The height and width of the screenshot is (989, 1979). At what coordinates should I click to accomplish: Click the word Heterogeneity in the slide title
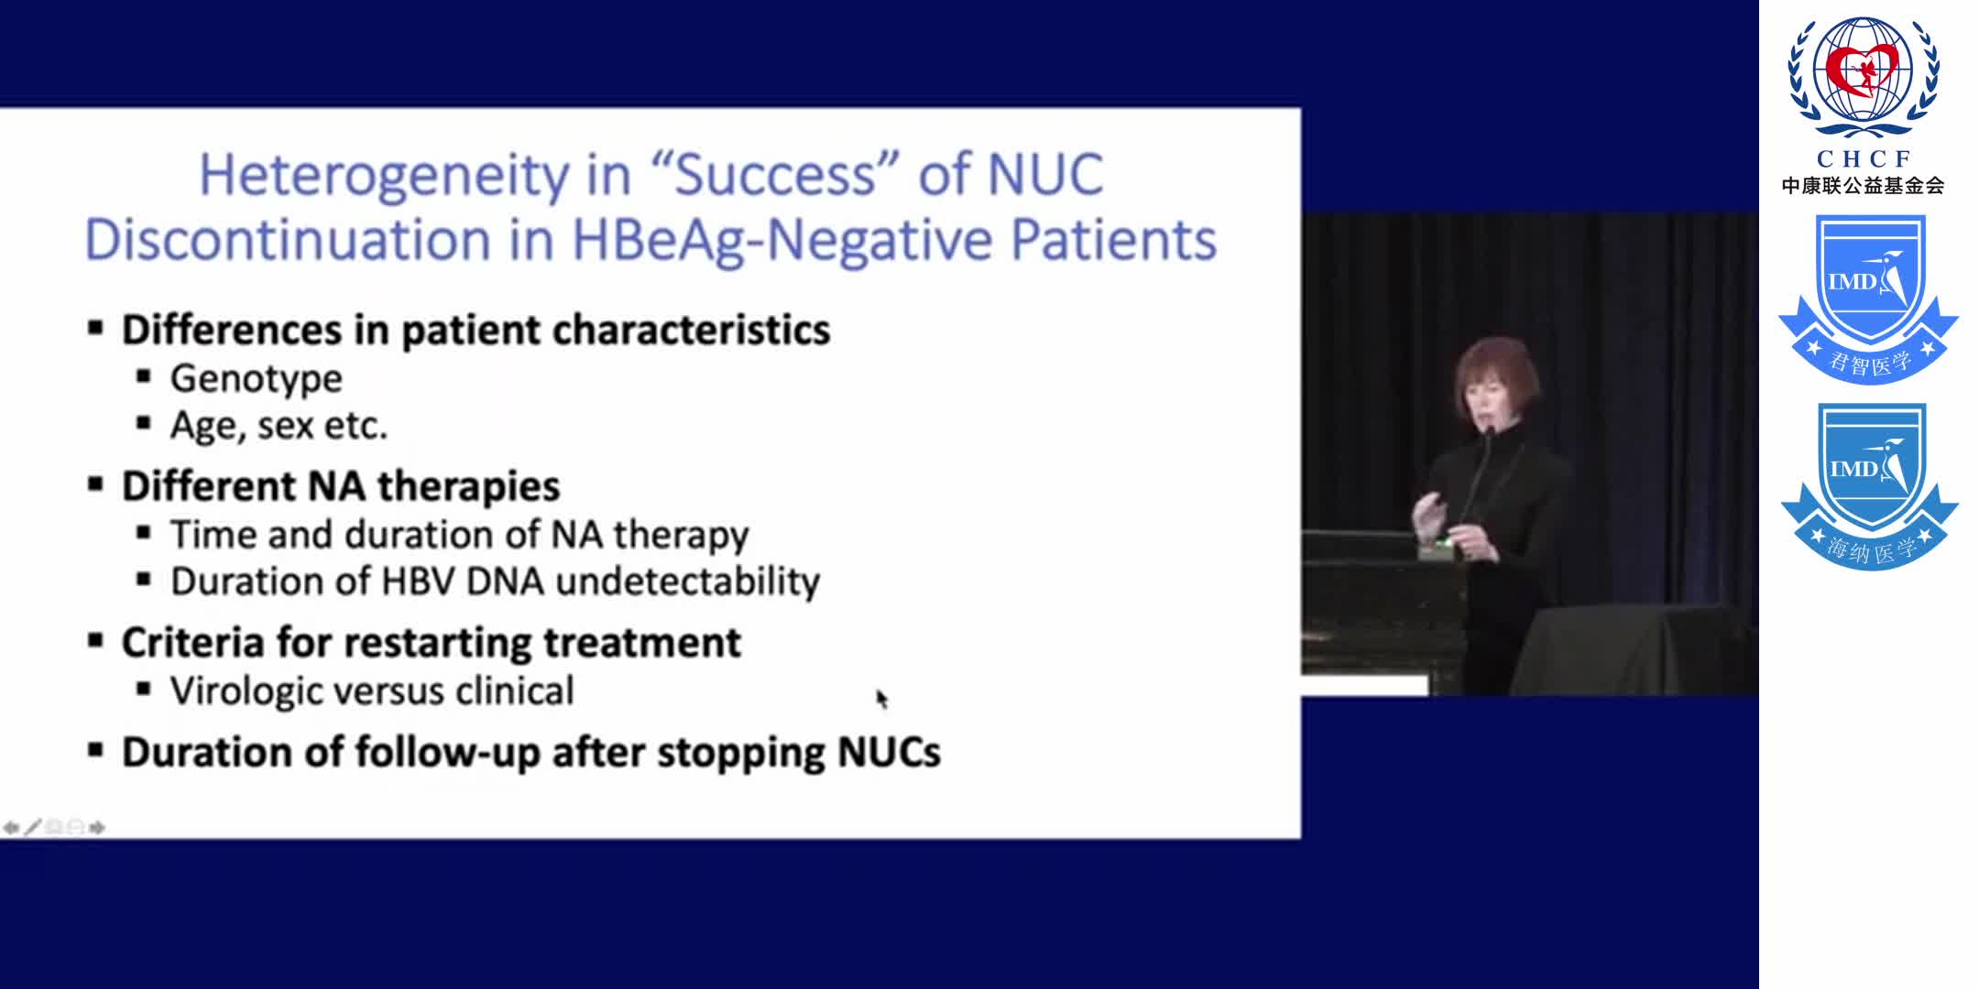[x=385, y=176]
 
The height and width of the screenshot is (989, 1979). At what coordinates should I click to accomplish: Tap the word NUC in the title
[x=1045, y=173]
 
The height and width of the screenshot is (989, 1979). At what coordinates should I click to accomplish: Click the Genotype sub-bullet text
[x=256, y=379]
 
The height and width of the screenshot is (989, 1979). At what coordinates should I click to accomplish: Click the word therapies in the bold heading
[x=468, y=487]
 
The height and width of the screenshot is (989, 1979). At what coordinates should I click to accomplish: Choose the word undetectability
[x=687, y=582]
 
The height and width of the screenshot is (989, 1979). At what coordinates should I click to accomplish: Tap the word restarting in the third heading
[x=438, y=643]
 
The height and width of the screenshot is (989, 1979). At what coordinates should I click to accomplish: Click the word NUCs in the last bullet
[x=889, y=753]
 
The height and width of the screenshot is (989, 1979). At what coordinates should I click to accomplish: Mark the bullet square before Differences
[x=95, y=328]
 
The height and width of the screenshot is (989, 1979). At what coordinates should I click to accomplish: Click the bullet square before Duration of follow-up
[x=95, y=751]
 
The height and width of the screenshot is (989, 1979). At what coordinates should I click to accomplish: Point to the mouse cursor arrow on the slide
[x=881, y=699]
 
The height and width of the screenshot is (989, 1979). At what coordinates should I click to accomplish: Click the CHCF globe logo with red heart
[x=1864, y=77]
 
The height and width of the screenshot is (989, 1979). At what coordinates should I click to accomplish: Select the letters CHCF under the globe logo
[x=1864, y=159]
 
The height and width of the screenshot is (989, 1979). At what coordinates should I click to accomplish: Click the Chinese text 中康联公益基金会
[x=1863, y=186]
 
